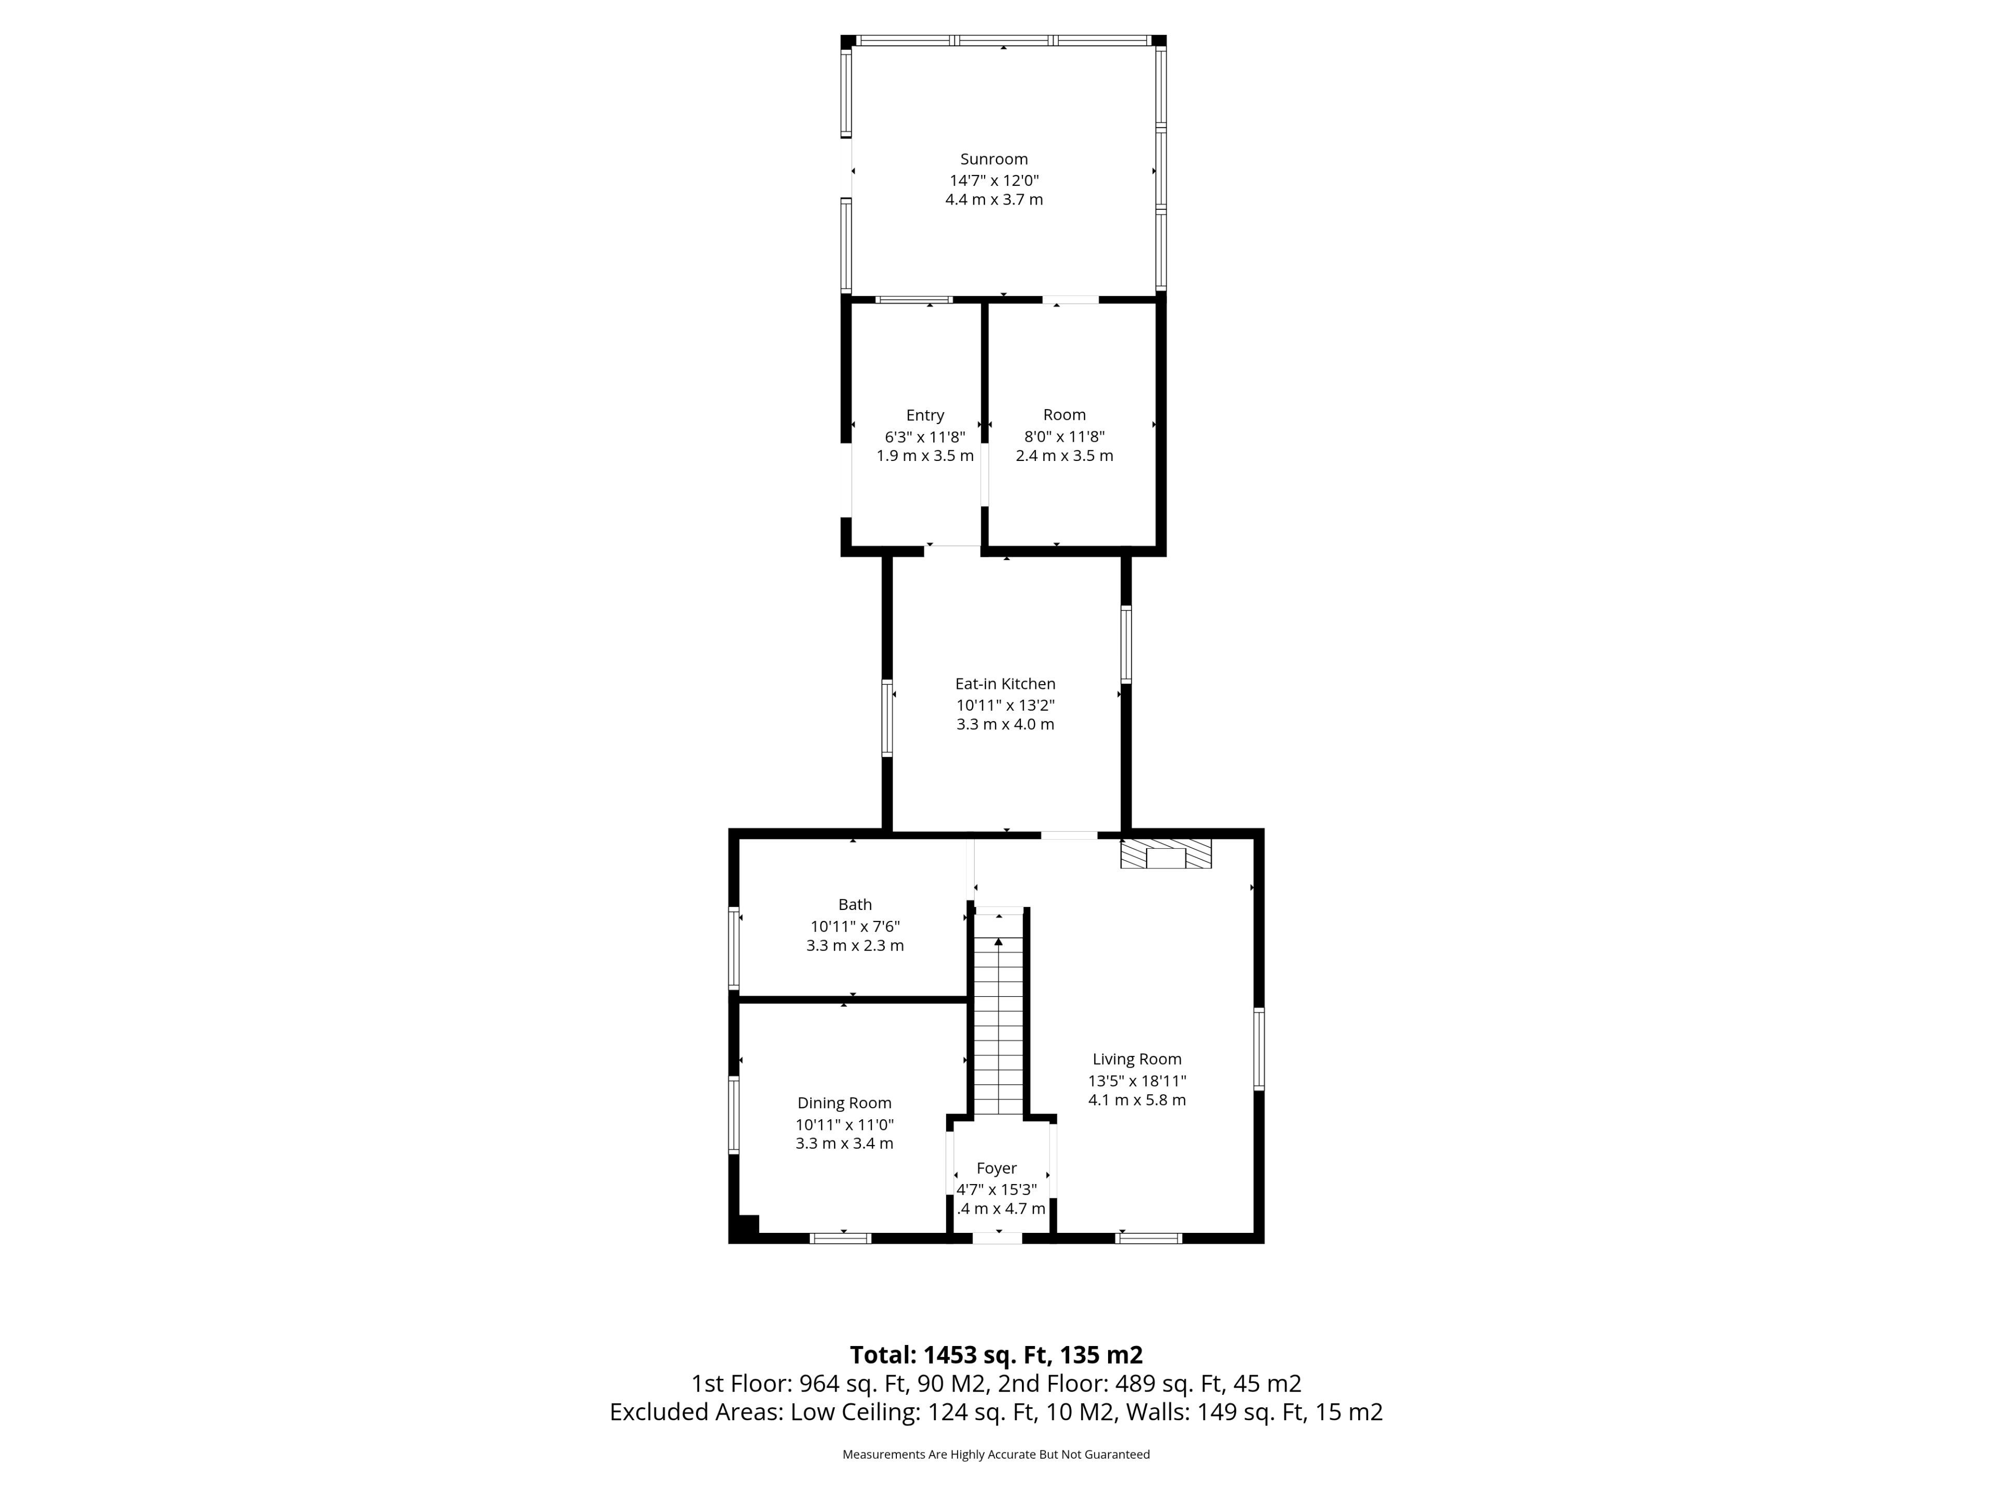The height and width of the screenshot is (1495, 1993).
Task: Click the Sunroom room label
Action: [x=994, y=159]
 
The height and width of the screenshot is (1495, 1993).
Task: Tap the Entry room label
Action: [x=925, y=415]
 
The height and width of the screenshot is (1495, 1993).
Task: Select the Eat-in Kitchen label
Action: [x=1005, y=684]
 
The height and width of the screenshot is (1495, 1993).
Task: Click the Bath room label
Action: [x=855, y=905]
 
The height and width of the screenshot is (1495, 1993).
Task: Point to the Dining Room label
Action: [x=844, y=1103]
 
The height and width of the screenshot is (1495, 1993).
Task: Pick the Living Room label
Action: [x=1137, y=1060]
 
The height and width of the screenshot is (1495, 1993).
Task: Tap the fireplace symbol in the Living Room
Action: [x=1166, y=853]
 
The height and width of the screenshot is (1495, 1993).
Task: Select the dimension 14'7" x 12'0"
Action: [x=994, y=180]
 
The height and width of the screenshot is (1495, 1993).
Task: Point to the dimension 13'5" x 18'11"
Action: [x=1137, y=1080]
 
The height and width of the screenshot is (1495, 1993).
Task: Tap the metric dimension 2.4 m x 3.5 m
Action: [x=1064, y=456]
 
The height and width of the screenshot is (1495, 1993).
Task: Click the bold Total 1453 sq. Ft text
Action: [x=996, y=1354]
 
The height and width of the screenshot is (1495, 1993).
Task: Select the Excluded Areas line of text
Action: [x=996, y=1412]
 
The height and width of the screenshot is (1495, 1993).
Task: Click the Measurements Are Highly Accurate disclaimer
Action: [x=996, y=1455]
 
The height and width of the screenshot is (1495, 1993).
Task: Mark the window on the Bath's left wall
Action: [x=734, y=948]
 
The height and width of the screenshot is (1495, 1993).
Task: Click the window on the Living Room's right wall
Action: [x=1259, y=1050]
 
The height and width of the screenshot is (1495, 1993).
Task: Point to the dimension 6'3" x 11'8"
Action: [x=925, y=436]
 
